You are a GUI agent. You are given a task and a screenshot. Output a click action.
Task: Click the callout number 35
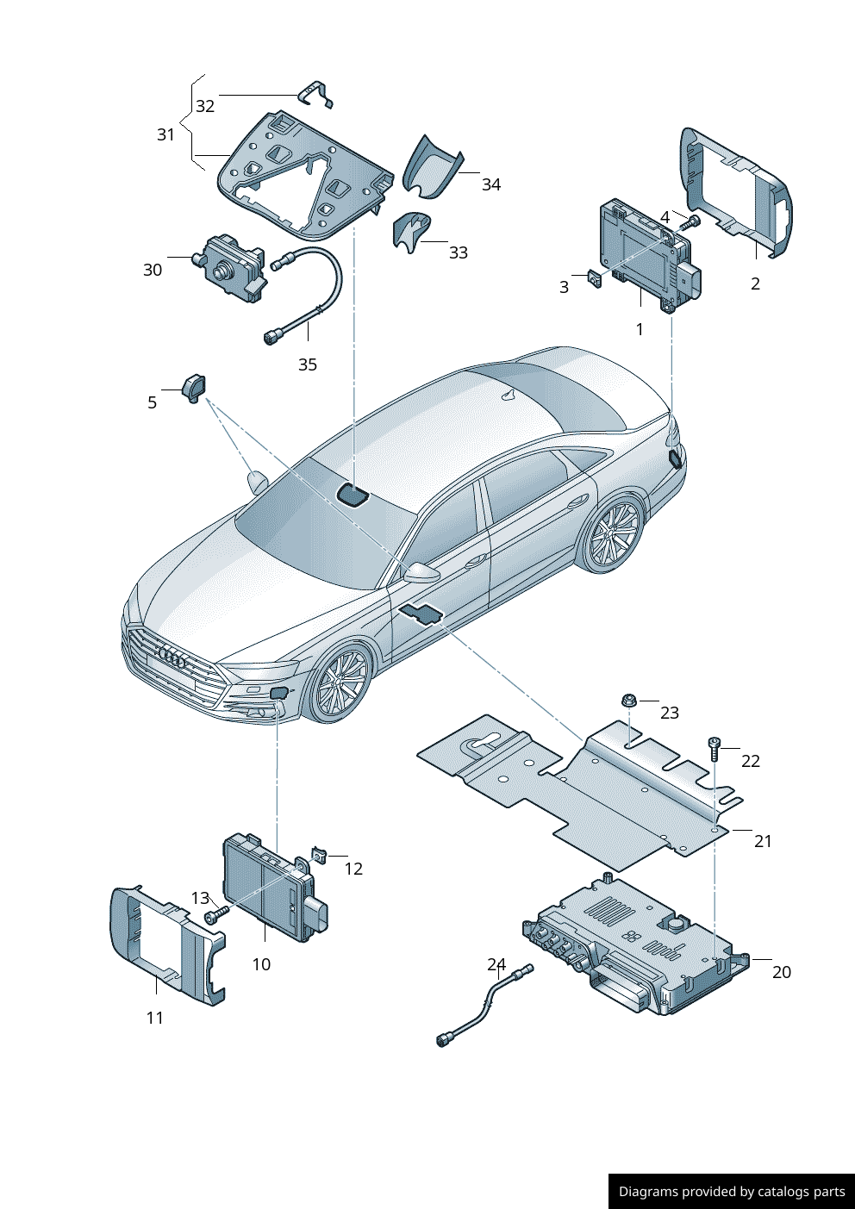click(x=308, y=365)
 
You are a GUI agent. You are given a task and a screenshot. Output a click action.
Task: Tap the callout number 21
click(x=764, y=841)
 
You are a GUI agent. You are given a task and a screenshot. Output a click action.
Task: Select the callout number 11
click(x=155, y=1018)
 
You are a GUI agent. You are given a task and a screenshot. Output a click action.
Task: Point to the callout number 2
click(x=755, y=284)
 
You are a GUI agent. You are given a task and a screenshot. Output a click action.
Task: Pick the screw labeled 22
click(x=715, y=750)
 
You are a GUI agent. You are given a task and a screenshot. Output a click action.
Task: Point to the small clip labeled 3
click(x=595, y=279)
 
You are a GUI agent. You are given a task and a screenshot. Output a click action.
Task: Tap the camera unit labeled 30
click(x=232, y=268)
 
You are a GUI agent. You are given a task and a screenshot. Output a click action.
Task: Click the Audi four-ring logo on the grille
click(x=172, y=658)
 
